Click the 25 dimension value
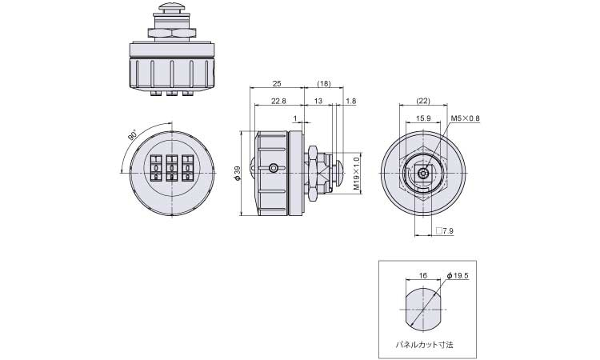277,83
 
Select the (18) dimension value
324,83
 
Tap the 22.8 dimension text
278,101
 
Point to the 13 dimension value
318,101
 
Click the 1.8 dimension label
350,101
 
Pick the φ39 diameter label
237,174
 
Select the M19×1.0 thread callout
357,174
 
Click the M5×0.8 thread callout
465,118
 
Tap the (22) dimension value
423,101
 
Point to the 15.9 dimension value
423,118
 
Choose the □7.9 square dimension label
445,230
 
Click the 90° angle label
132,135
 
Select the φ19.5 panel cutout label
458,275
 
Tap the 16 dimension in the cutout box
423,275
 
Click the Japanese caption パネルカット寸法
424,345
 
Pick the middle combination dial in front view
171,167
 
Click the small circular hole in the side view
274,168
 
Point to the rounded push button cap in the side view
339,174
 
